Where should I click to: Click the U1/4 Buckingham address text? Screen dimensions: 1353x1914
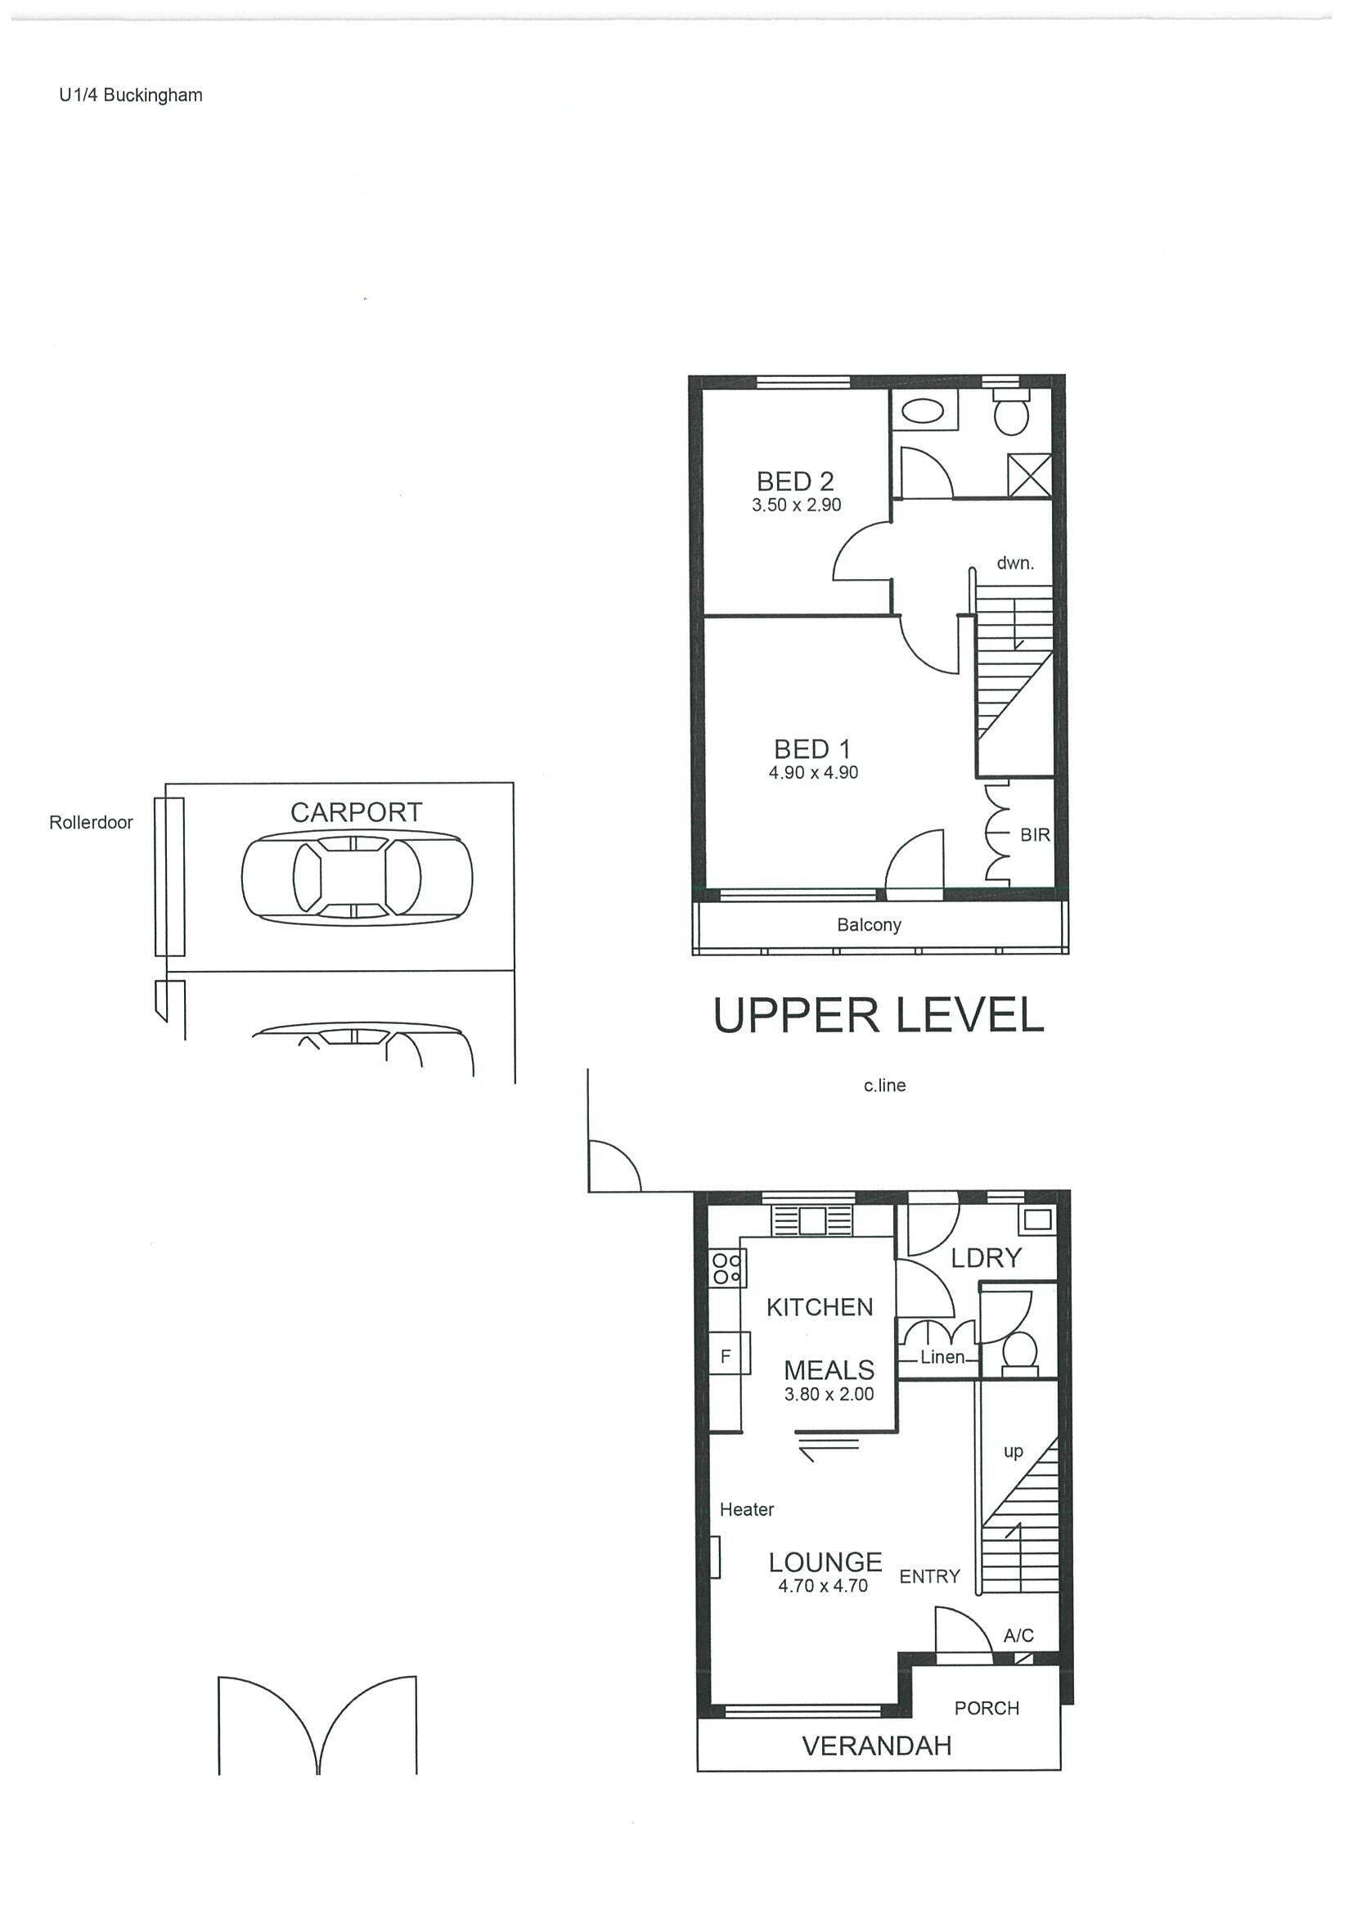[131, 95]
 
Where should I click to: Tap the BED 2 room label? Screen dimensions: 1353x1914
[795, 481]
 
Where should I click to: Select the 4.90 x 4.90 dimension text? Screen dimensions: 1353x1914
[813, 772]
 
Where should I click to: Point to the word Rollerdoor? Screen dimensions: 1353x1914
[91, 822]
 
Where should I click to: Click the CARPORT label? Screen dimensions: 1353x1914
[357, 812]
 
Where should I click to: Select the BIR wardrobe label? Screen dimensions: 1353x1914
[1035, 834]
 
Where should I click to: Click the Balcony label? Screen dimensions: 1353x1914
[869, 924]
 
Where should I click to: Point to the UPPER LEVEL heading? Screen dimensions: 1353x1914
[879, 1015]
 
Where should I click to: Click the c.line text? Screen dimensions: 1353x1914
[884, 1085]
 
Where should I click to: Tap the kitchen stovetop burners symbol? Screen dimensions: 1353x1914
[726, 1269]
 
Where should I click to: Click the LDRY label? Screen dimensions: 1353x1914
[987, 1258]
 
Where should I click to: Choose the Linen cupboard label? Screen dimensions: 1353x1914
[942, 1357]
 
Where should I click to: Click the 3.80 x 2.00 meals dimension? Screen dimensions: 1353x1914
[829, 1394]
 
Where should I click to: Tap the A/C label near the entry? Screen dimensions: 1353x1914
[1018, 1636]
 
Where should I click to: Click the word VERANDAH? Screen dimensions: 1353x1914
[876, 1746]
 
